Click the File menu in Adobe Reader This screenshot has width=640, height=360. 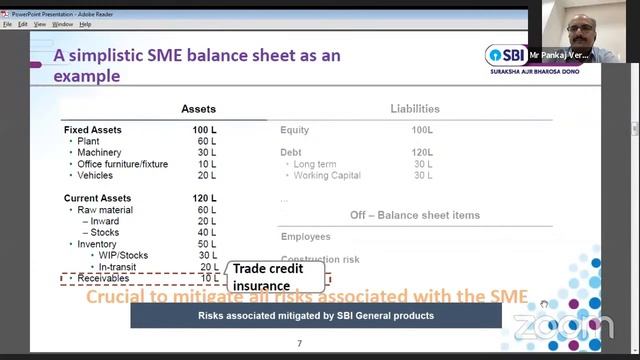click(8, 24)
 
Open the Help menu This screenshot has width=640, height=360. click(85, 24)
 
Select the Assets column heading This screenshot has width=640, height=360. click(198, 109)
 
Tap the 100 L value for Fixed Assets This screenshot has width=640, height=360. click(205, 130)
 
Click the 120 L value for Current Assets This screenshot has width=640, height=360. click(205, 198)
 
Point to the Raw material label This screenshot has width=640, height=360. click(105, 210)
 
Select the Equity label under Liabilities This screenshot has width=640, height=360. click(295, 130)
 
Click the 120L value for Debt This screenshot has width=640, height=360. click(422, 152)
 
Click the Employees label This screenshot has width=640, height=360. click(305, 237)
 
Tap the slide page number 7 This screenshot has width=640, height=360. click(299, 344)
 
